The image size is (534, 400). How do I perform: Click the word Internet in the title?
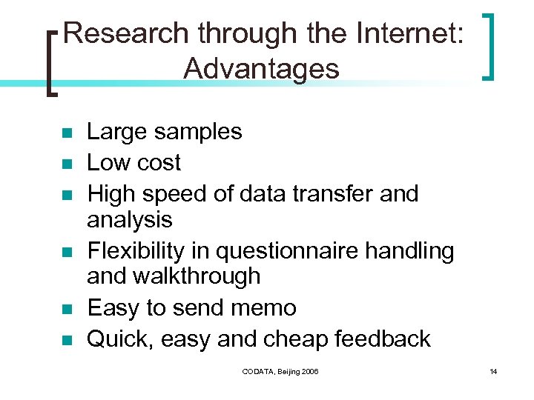[x=409, y=33]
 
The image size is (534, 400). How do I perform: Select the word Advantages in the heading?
[x=261, y=69]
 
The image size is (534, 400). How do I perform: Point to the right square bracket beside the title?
[x=488, y=45]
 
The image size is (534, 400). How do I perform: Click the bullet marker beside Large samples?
[x=65, y=133]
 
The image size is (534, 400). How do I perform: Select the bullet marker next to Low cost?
[x=65, y=164]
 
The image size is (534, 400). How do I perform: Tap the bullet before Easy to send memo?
[x=65, y=309]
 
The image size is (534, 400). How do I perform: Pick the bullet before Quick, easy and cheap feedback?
[x=65, y=340]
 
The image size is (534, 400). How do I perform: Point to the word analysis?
[x=130, y=220]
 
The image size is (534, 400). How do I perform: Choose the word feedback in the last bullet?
[x=383, y=339]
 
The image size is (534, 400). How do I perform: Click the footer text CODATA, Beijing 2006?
[x=280, y=370]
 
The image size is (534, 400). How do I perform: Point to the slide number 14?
[x=493, y=370]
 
